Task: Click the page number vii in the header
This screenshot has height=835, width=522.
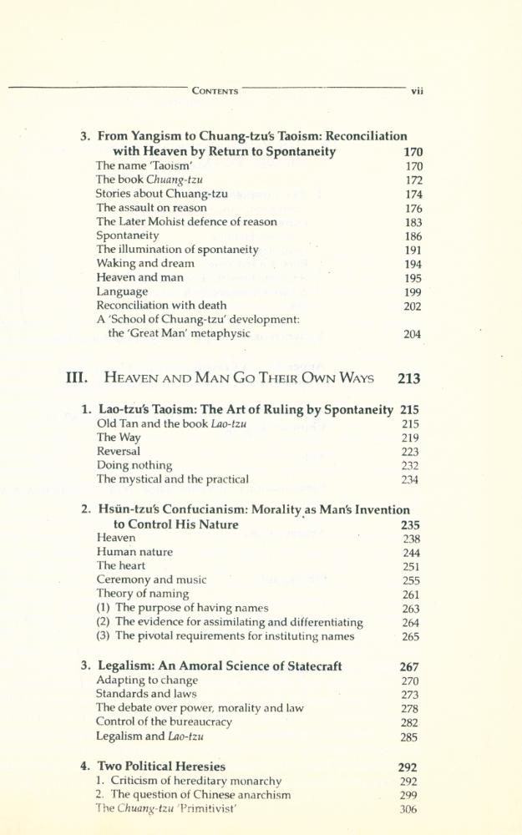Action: pyautogui.click(x=418, y=92)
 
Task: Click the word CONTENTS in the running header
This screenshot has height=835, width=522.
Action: pyautogui.click(x=215, y=91)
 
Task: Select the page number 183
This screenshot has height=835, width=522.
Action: pyautogui.click(x=413, y=223)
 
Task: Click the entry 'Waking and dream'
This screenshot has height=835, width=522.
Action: pyautogui.click(x=145, y=263)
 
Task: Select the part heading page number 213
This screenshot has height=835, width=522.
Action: pyautogui.click(x=409, y=378)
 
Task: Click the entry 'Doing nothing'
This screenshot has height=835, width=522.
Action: pyautogui.click(x=134, y=465)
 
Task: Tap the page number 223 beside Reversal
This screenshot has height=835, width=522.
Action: pyautogui.click(x=410, y=452)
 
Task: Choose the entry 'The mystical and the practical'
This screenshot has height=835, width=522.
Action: pyautogui.click(x=172, y=479)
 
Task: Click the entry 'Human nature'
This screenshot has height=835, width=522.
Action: pyautogui.click(x=134, y=552)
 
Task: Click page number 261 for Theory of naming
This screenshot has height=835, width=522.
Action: pyautogui.click(x=410, y=595)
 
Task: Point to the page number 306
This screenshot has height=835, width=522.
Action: pyautogui.click(x=408, y=809)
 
